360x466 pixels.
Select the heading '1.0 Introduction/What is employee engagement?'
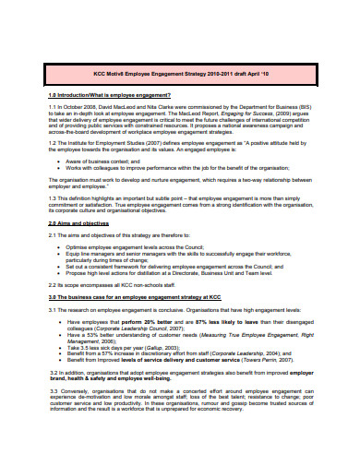point(109,96)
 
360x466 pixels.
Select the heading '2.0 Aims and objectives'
point(78,223)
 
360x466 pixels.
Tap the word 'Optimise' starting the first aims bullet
point(80,246)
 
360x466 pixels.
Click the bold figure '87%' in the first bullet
point(214,321)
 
